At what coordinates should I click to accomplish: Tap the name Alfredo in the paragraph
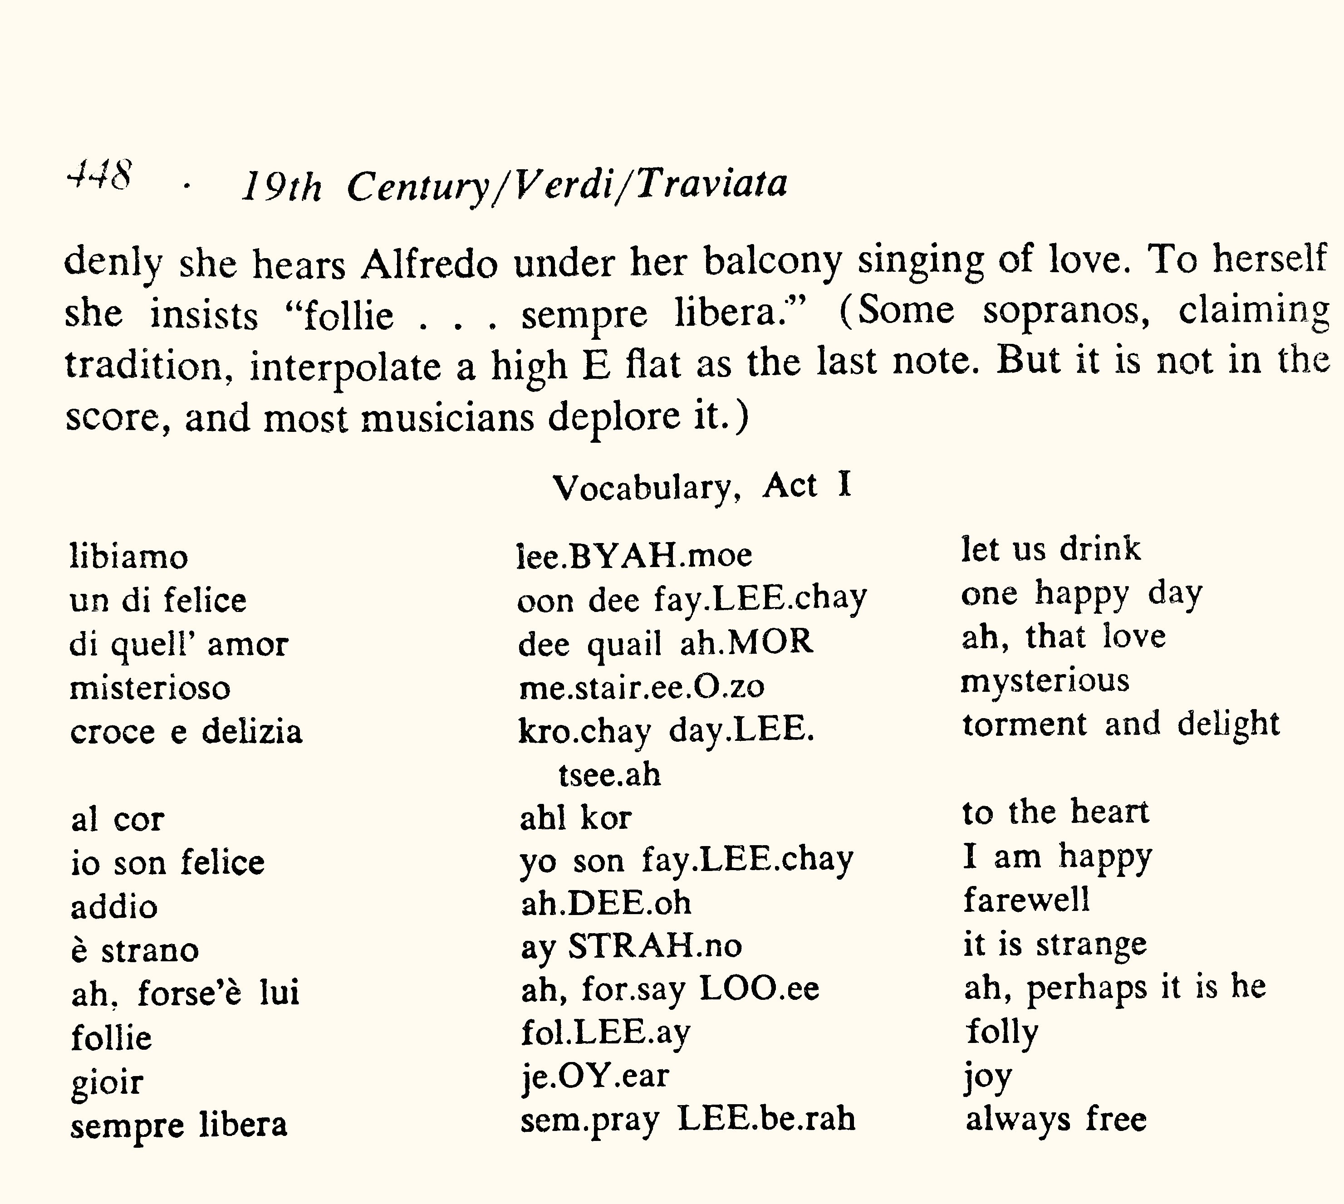tap(429, 263)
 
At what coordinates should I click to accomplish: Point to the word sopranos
tap(1065, 311)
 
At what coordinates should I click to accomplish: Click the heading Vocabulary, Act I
tap(701, 487)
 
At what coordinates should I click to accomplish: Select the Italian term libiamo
tap(129, 556)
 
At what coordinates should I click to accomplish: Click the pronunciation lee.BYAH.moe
tap(634, 554)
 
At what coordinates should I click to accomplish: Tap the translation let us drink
tap(1051, 549)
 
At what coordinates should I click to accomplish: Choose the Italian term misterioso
tap(150, 688)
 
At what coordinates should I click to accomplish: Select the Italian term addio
tap(114, 906)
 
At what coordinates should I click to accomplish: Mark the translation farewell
tap(1026, 900)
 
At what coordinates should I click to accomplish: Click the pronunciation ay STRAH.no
tap(631, 946)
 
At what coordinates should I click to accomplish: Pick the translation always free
tap(1055, 1119)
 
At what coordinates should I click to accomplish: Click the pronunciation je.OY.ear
tap(594, 1076)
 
